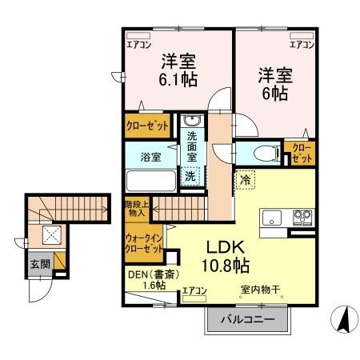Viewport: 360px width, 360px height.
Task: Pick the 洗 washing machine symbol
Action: point(192,176)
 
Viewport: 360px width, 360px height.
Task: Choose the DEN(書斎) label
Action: point(147,276)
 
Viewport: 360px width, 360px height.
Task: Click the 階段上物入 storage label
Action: point(135,208)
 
